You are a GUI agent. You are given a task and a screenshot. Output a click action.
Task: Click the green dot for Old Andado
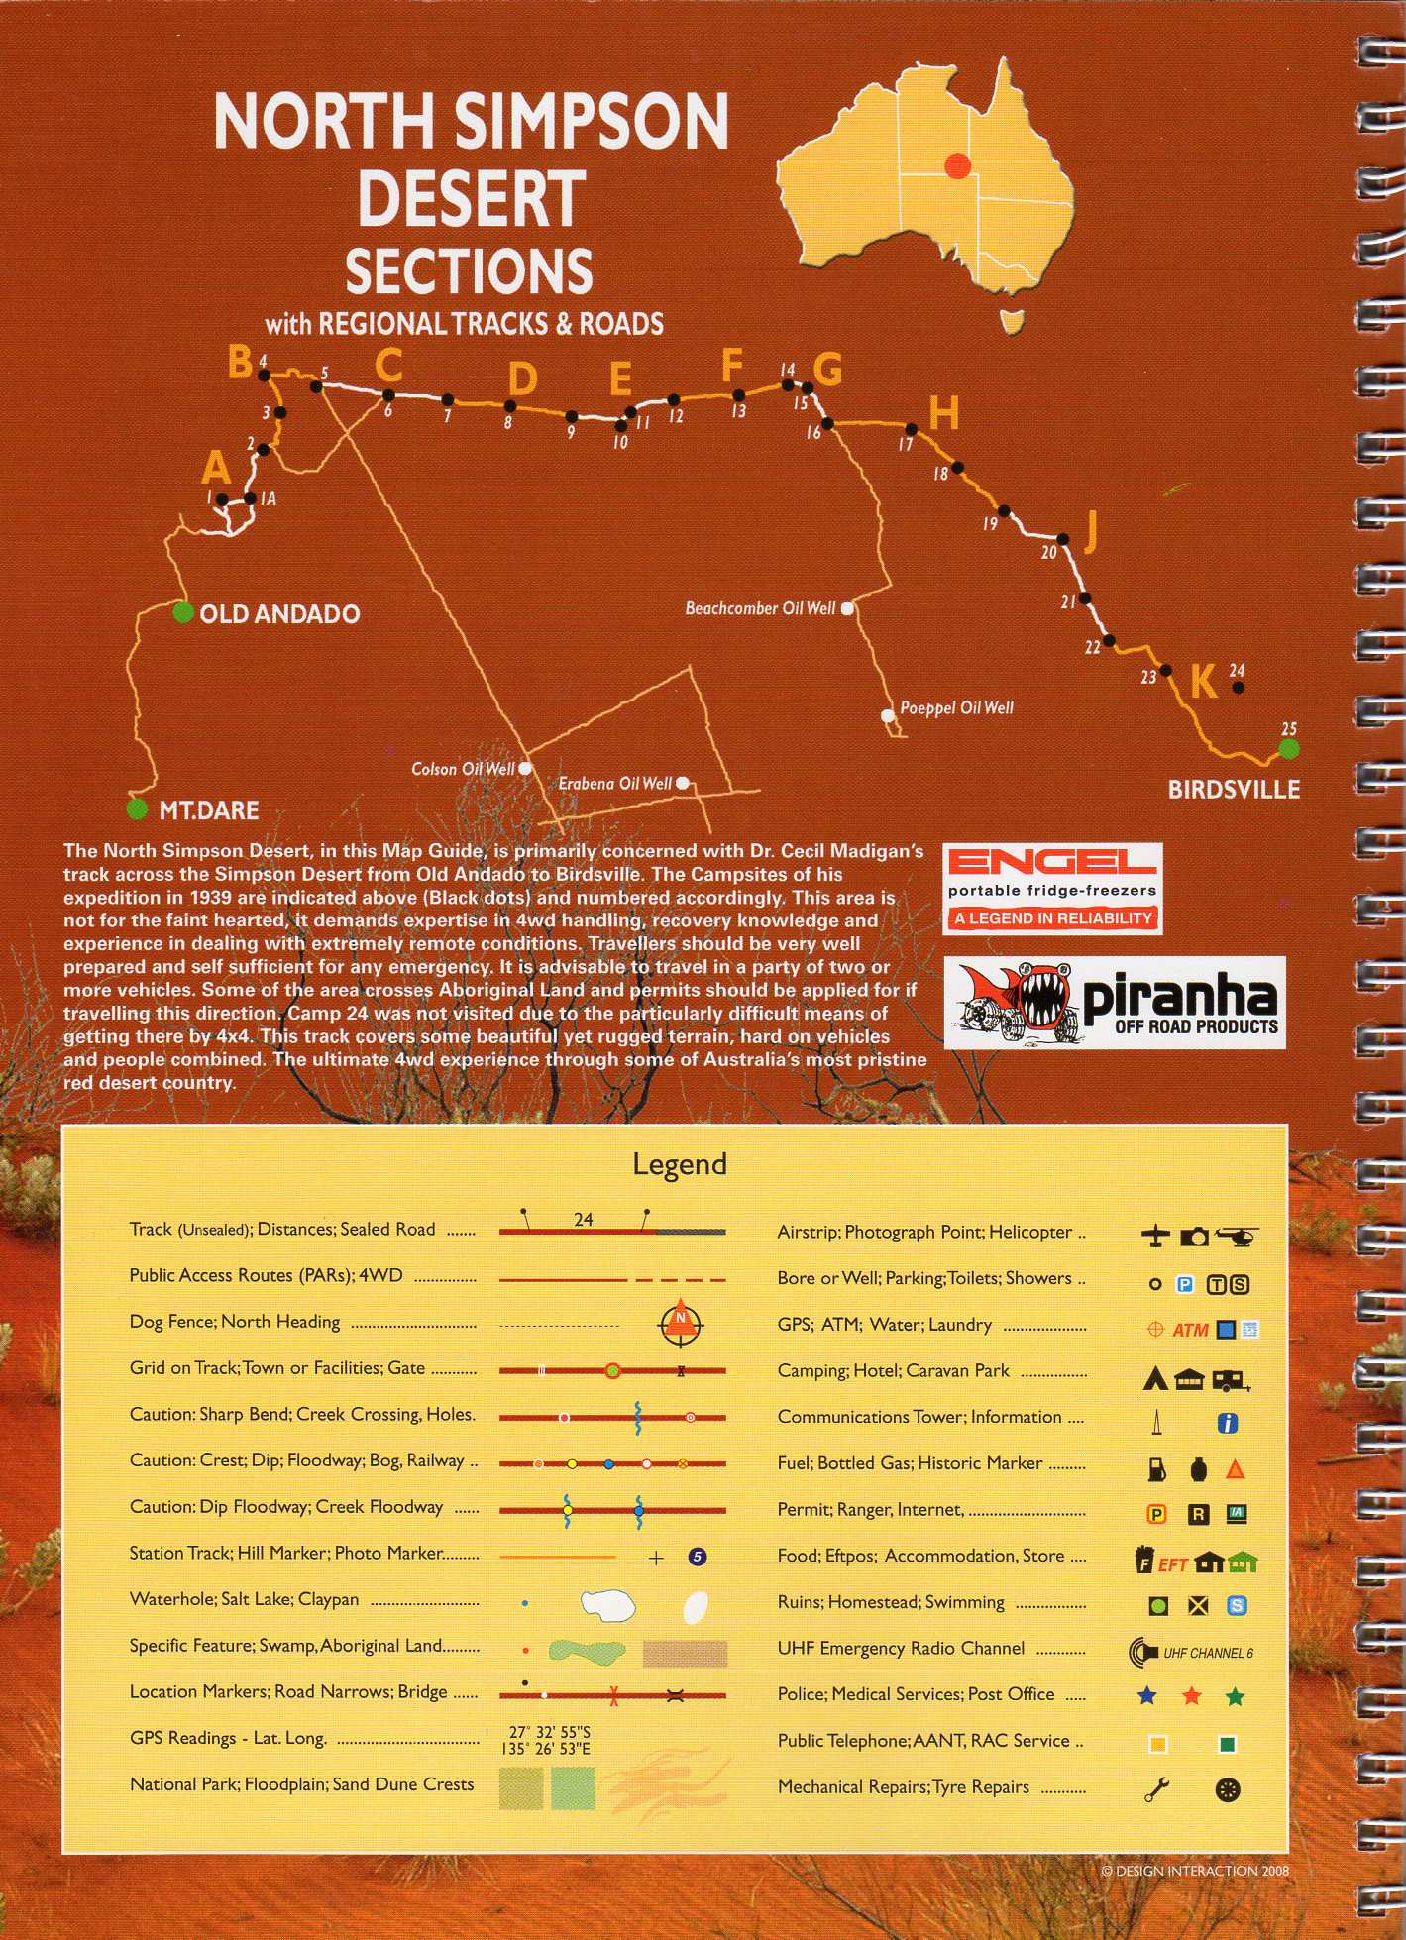(182, 612)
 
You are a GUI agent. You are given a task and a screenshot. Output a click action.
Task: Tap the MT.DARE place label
(208, 810)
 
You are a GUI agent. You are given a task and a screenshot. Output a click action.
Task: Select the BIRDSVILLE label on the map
(1234, 789)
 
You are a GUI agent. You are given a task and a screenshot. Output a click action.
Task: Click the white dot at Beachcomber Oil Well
(847, 608)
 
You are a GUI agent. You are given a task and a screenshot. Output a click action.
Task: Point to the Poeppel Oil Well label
(956, 708)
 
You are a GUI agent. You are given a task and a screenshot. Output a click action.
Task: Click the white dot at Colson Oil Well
(525, 768)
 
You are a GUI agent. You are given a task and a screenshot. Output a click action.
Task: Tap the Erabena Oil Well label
(614, 784)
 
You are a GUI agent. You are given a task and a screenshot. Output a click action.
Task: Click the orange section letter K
(1203, 682)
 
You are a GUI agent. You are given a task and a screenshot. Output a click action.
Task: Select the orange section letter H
(943, 412)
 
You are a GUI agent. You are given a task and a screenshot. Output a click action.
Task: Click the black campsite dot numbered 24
(1238, 686)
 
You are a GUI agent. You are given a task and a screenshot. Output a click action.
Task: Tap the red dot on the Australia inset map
(957, 165)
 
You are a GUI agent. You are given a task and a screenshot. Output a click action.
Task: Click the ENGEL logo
(1051, 861)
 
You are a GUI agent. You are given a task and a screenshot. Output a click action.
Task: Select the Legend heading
(680, 1163)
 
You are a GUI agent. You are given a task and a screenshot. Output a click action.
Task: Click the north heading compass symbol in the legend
(682, 1322)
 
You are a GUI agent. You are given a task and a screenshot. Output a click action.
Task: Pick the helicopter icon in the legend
(1236, 1236)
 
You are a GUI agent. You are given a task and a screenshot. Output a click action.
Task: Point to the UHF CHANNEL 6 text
(1208, 1653)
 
